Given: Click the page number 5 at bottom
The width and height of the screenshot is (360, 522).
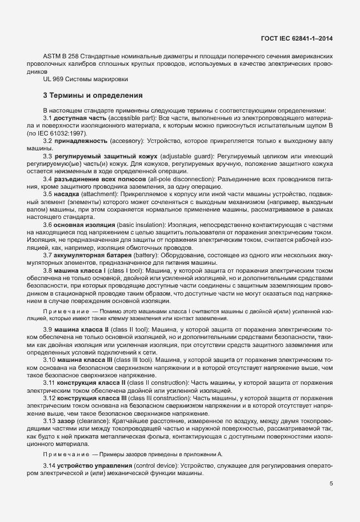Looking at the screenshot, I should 331,483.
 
